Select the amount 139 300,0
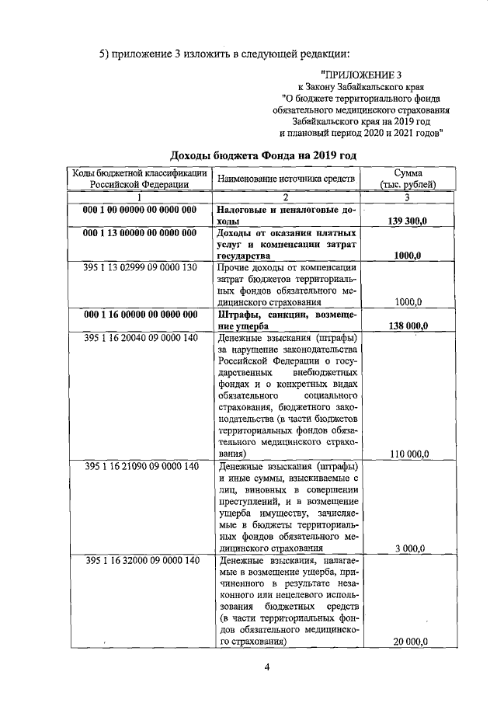click(408, 221)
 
